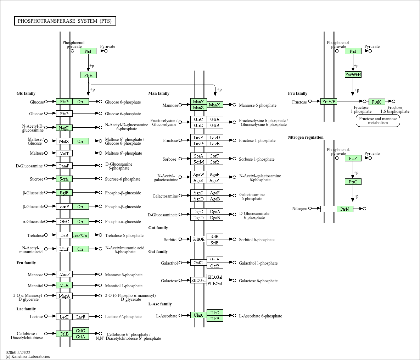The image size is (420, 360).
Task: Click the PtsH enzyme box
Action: point(88,75)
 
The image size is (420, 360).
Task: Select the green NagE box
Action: point(64,128)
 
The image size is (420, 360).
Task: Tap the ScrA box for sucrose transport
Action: point(64,179)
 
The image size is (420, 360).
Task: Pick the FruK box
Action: point(377,101)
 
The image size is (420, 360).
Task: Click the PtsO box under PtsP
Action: point(353,182)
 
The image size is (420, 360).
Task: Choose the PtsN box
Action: point(345,209)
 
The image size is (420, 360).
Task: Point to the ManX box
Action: point(215,105)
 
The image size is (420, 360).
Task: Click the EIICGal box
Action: point(198,281)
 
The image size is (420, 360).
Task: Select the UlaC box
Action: point(215,312)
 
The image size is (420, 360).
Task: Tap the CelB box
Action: point(64,334)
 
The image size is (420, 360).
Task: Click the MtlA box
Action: point(64,285)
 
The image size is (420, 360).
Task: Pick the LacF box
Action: point(80,317)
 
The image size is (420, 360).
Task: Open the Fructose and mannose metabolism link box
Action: point(378,121)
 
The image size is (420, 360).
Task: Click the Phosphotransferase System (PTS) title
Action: point(65,21)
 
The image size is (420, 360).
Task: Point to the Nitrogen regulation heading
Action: point(306,137)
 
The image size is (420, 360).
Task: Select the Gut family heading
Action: point(158,228)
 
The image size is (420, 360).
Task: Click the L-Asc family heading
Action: point(160,304)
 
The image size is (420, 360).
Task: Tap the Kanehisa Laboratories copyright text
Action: point(28,356)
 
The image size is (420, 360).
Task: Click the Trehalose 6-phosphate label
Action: point(124,236)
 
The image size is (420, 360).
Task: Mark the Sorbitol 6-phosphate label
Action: point(257,240)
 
